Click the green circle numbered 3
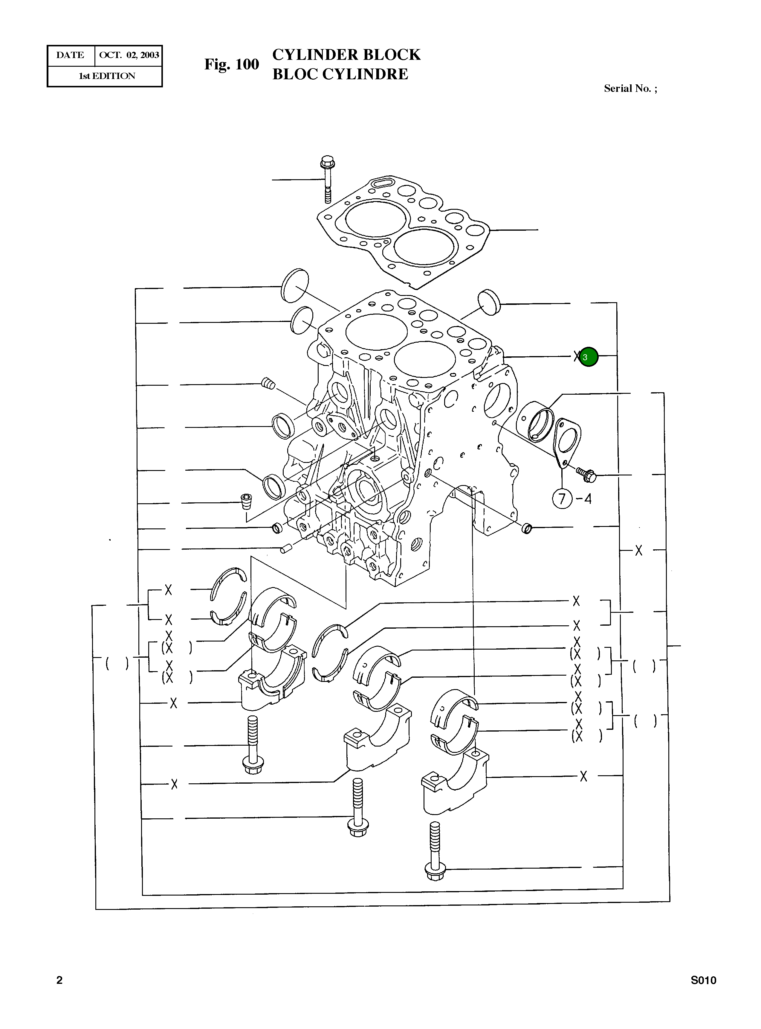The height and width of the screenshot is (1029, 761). click(588, 357)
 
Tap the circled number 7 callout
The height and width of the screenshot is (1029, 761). click(562, 499)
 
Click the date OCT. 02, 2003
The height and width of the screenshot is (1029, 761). click(129, 55)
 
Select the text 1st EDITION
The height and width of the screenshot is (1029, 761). click(107, 76)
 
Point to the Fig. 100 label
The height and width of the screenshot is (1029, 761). click(232, 64)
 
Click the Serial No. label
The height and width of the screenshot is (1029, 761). click(630, 89)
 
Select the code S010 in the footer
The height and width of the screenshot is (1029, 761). click(703, 980)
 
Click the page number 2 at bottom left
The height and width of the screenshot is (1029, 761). click(59, 980)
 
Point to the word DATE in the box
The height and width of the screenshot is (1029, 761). click(70, 55)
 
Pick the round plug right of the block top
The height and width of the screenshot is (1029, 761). click(489, 303)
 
